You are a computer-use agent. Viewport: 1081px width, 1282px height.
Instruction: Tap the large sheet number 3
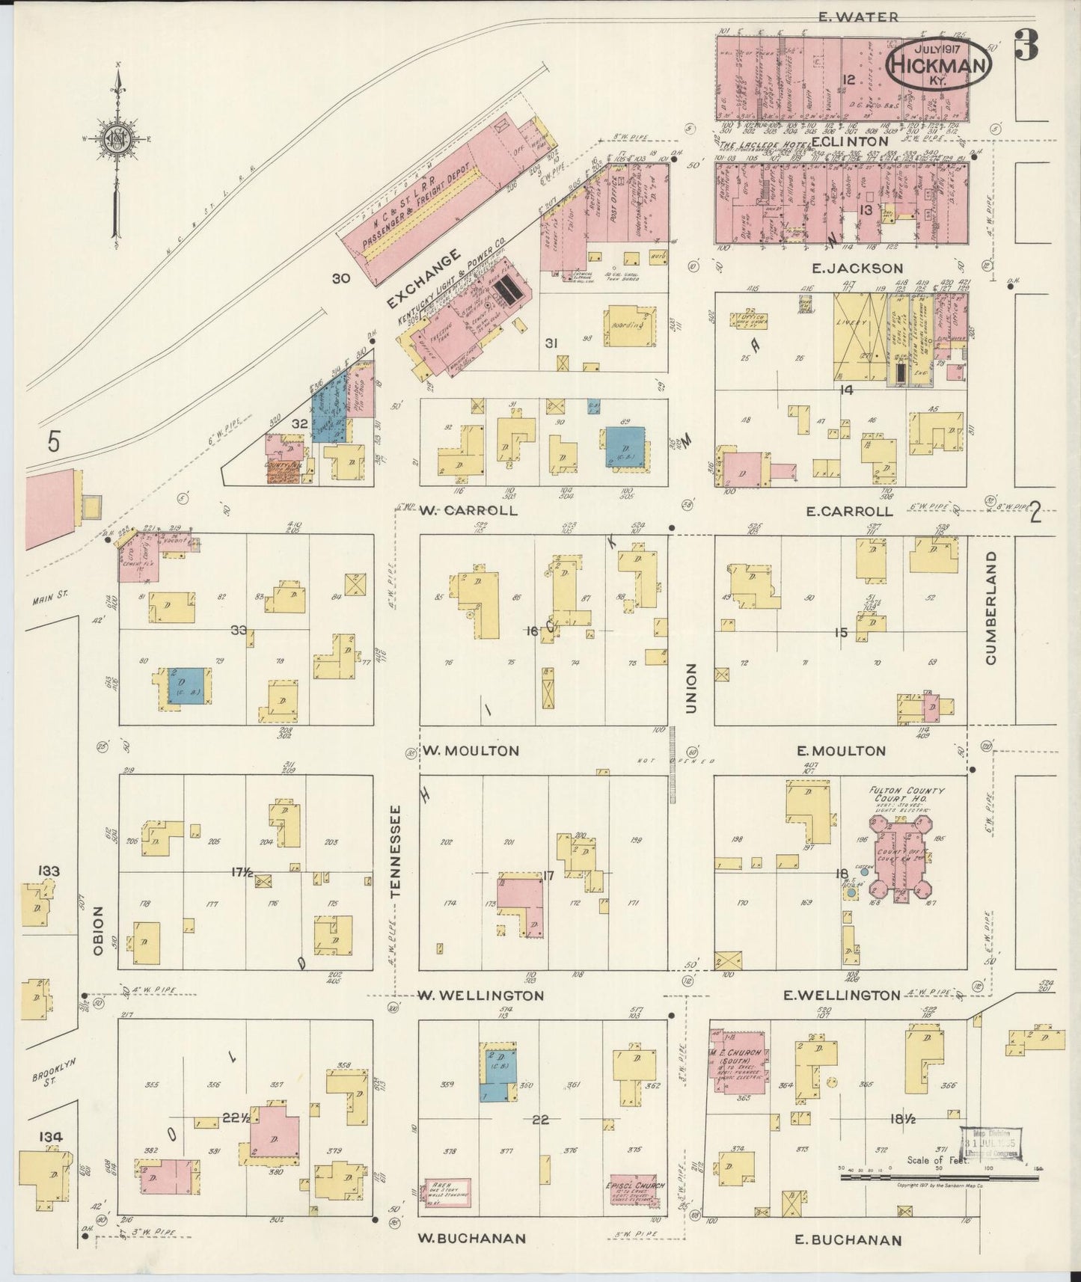pos(1026,46)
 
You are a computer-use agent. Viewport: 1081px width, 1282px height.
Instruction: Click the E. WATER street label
pos(857,16)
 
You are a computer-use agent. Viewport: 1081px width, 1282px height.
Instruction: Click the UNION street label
pos(690,687)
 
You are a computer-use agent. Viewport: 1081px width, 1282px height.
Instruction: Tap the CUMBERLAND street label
pos(992,608)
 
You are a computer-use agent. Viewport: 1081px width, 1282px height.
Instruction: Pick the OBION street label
pos(98,930)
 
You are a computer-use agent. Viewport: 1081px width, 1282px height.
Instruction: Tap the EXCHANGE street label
pos(423,281)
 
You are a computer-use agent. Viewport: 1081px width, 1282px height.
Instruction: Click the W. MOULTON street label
pos(471,750)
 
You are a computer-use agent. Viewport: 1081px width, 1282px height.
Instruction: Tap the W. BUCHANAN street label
pos(471,1239)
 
